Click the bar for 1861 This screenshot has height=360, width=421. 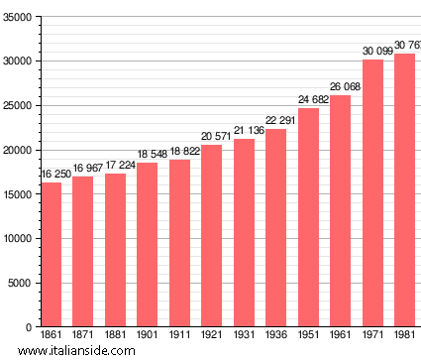(52, 255)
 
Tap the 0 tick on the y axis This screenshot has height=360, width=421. (29, 327)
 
